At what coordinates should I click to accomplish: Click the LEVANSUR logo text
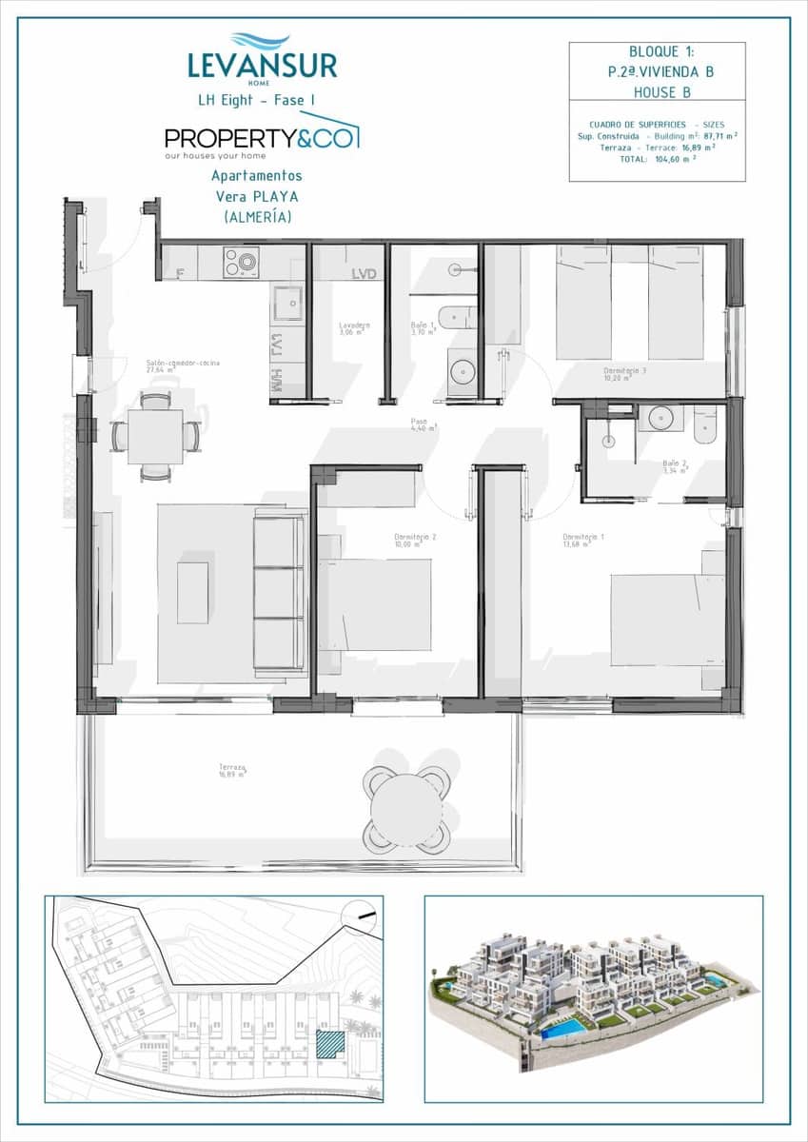point(262,65)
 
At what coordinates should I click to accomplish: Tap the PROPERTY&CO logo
point(261,138)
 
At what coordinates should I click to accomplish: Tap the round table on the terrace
point(406,810)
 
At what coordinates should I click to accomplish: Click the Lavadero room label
point(354,326)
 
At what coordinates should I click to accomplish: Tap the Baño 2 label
point(675,464)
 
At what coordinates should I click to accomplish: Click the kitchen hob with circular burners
point(241,262)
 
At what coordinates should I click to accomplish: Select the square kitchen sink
point(287,303)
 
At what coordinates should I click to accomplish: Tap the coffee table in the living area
point(192,593)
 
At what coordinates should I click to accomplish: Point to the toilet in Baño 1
point(458,317)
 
